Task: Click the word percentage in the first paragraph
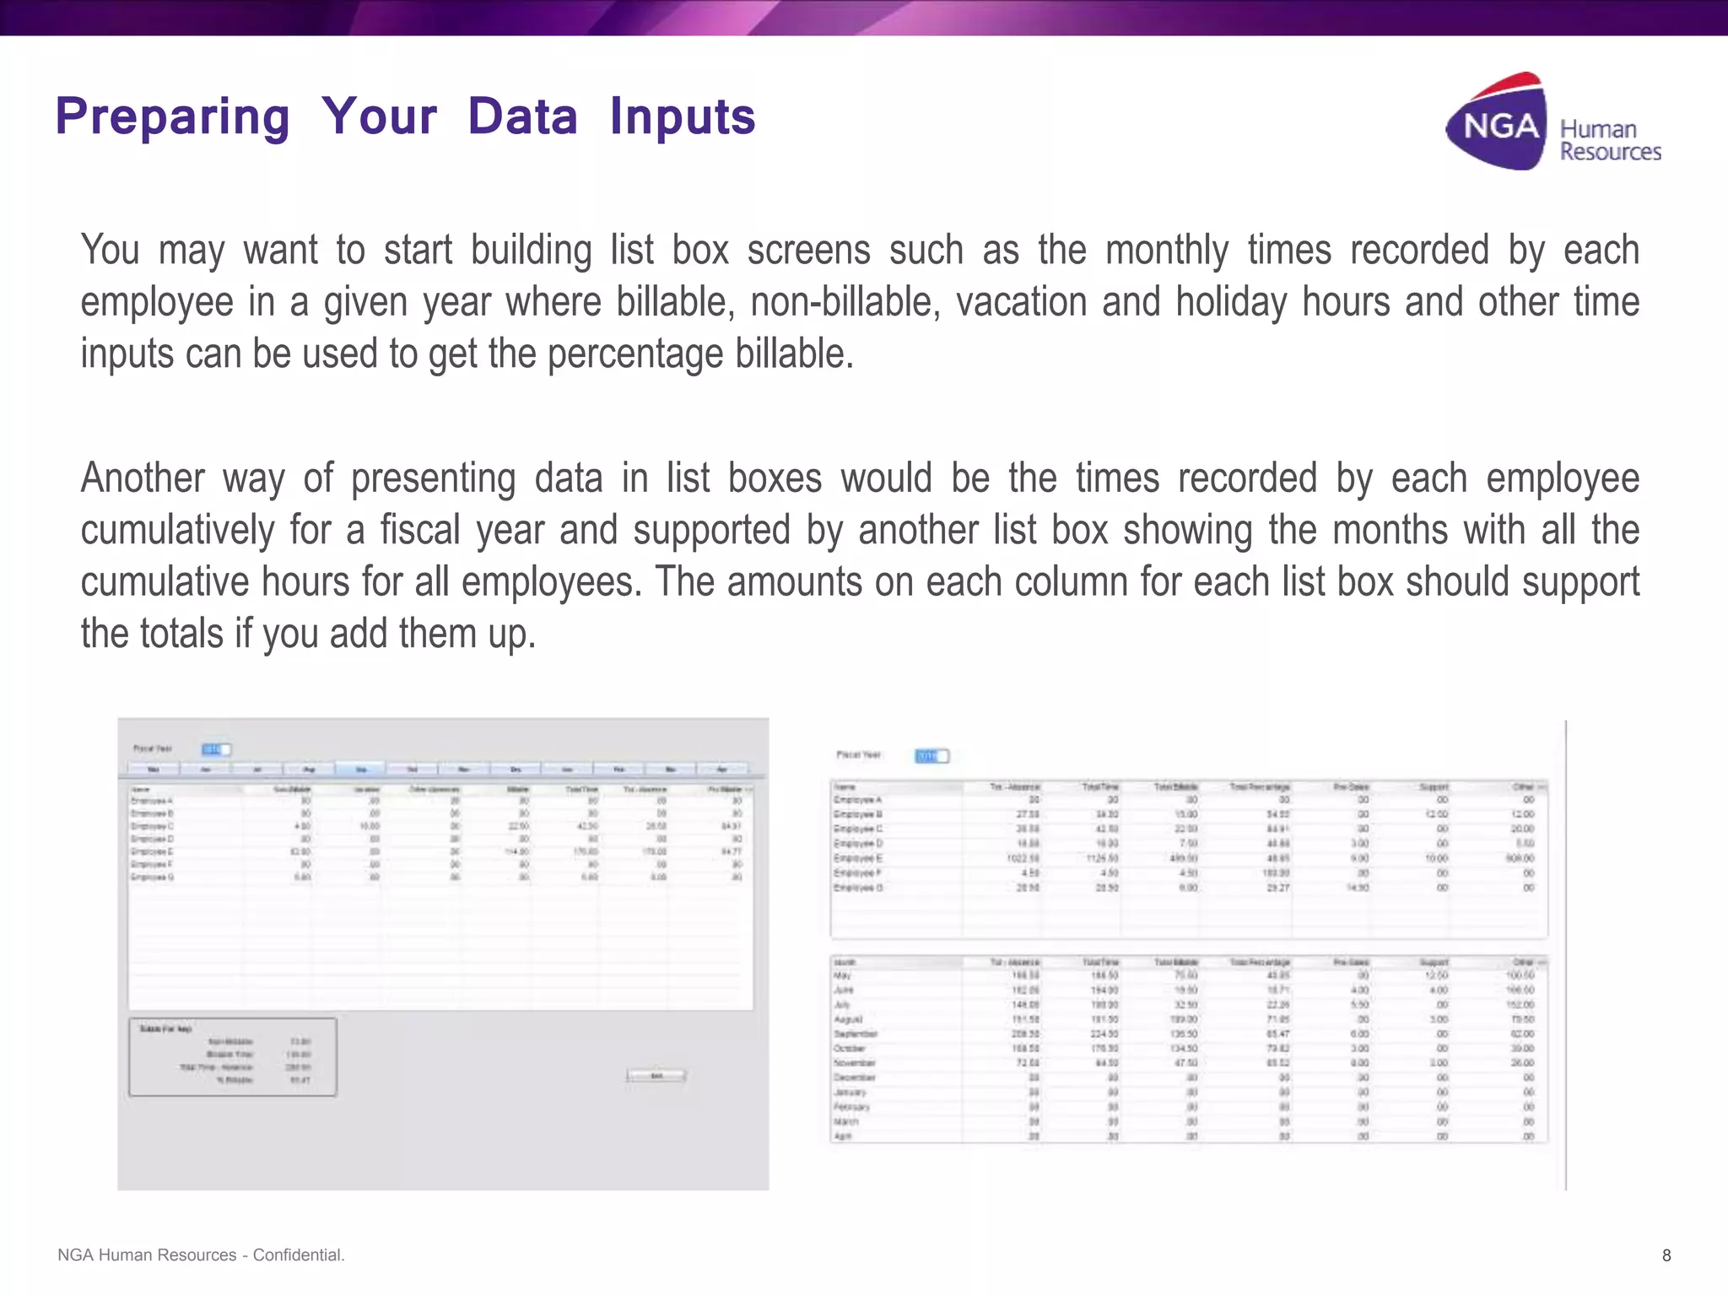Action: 635,354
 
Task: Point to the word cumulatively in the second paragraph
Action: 177,531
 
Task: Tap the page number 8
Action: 1666,1255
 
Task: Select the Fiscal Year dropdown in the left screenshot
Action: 216,749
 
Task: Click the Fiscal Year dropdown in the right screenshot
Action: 931,756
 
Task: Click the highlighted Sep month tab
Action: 360,769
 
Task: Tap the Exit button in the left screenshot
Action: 656,1076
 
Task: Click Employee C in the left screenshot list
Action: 152,826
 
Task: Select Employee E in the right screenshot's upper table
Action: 857,858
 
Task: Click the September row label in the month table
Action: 856,1034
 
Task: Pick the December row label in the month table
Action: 855,1077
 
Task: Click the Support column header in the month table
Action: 1434,962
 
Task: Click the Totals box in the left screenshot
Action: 232,1056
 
